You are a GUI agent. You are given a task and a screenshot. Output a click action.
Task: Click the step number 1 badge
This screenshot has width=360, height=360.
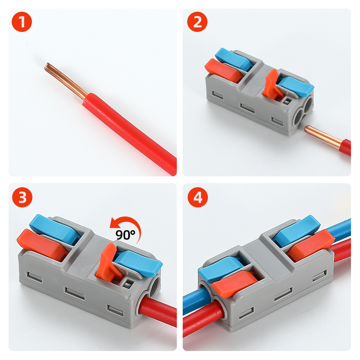22,22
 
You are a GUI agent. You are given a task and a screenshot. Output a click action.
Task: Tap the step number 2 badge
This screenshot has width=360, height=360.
197,22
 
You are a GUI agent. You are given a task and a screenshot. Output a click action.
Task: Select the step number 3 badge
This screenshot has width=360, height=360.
22,198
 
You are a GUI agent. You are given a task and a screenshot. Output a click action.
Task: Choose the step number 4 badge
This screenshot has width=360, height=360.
197,198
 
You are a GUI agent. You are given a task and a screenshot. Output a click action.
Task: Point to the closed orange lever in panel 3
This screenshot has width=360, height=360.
38,243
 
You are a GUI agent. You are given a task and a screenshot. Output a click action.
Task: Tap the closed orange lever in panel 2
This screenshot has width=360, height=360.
223,72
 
